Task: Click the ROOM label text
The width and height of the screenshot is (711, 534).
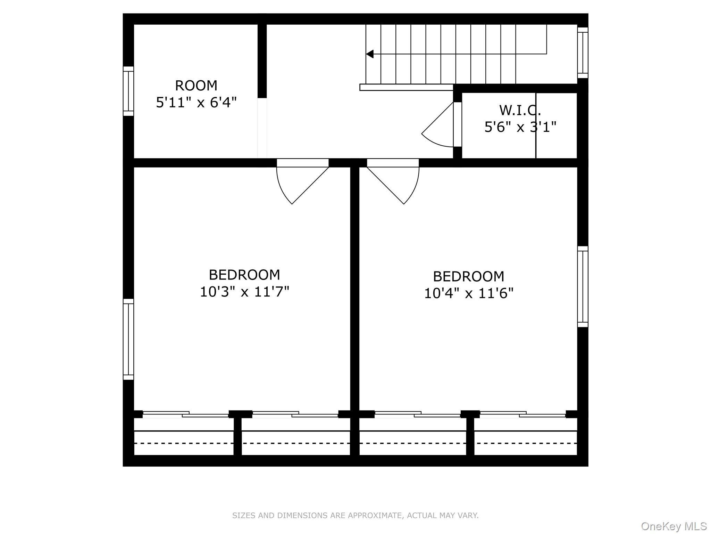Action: coord(196,86)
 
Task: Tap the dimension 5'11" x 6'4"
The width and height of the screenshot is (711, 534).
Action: coord(196,103)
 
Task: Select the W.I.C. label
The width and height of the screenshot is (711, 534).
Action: coord(520,110)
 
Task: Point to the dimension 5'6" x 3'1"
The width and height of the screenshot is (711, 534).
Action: coord(520,127)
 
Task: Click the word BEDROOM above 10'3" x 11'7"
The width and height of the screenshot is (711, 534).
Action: coord(244,275)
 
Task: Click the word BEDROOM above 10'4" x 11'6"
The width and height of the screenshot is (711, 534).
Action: coord(468,277)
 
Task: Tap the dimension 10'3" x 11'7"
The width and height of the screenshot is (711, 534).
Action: coord(244,292)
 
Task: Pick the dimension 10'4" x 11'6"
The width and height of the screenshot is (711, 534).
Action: coord(468,293)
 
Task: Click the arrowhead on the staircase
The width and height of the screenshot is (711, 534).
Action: coord(370,54)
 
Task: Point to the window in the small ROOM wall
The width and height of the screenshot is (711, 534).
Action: coord(128,91)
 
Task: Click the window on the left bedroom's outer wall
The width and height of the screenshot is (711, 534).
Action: coord(128,339)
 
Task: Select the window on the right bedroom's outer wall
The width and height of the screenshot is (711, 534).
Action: coord(583,287)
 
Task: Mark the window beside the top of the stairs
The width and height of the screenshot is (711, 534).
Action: coord(583,53)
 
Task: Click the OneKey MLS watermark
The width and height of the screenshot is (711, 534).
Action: coord(674,526)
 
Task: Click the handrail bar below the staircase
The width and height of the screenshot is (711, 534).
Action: coord(407,87)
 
